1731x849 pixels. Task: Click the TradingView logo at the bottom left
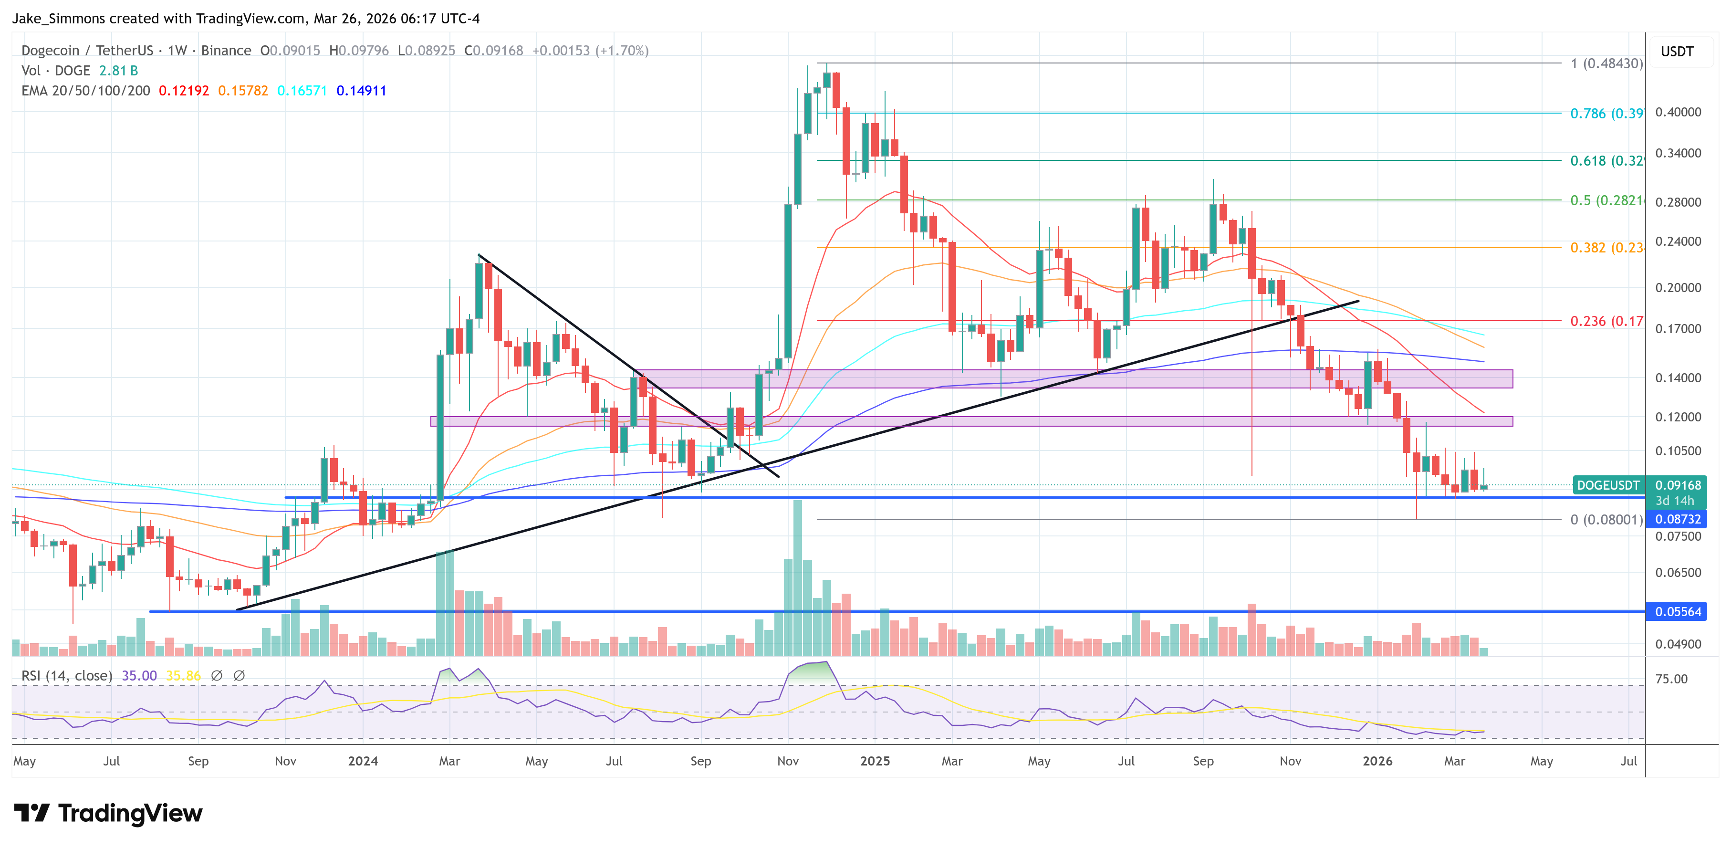tap(107, 813)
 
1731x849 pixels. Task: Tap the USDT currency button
tap(1677, 52)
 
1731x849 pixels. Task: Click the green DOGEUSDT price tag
tap(1608, 485)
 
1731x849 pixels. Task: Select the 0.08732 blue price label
tap(1677, 519)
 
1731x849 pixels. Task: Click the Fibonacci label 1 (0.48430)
tap(1606, 64)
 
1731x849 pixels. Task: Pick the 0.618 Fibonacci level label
tap(1606, 161)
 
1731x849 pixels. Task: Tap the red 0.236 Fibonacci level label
tap(1606, 321)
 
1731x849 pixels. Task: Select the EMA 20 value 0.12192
tap(183, 91)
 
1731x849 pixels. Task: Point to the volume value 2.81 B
tap(118, 71)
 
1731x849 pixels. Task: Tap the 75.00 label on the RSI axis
tap(1670, 679)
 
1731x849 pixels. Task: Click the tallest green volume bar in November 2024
tap(798, 578)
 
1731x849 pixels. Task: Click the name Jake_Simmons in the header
tap(59, 18)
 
